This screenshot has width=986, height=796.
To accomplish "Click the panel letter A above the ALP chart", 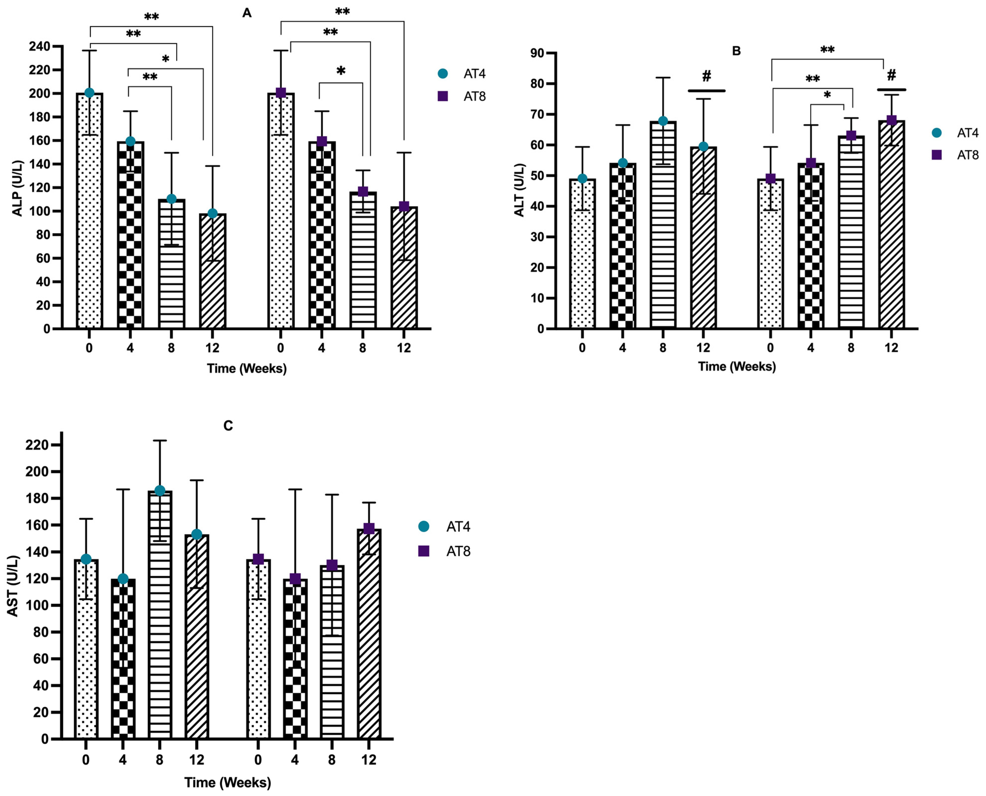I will pyautogui.click(x=247, y=13).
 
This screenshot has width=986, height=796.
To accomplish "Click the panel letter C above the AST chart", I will pyautogui.click(x=228, y=426).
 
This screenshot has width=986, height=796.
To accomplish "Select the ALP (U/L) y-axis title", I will pyautogui.click(x=17, y=188).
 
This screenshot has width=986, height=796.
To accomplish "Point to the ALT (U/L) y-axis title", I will pyautogui.click(x=519, y=190).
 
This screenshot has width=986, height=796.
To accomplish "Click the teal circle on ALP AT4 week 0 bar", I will pyautogui.click(x=89, y=93).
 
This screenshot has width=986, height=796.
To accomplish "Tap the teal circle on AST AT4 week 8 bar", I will pyautogui.click(x=160, y=491).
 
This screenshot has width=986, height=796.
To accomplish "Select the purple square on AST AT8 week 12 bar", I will pyautogui.click(x=369, y=529).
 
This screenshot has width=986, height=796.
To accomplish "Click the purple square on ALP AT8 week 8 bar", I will pyautogui.click(x=363, y=191).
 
